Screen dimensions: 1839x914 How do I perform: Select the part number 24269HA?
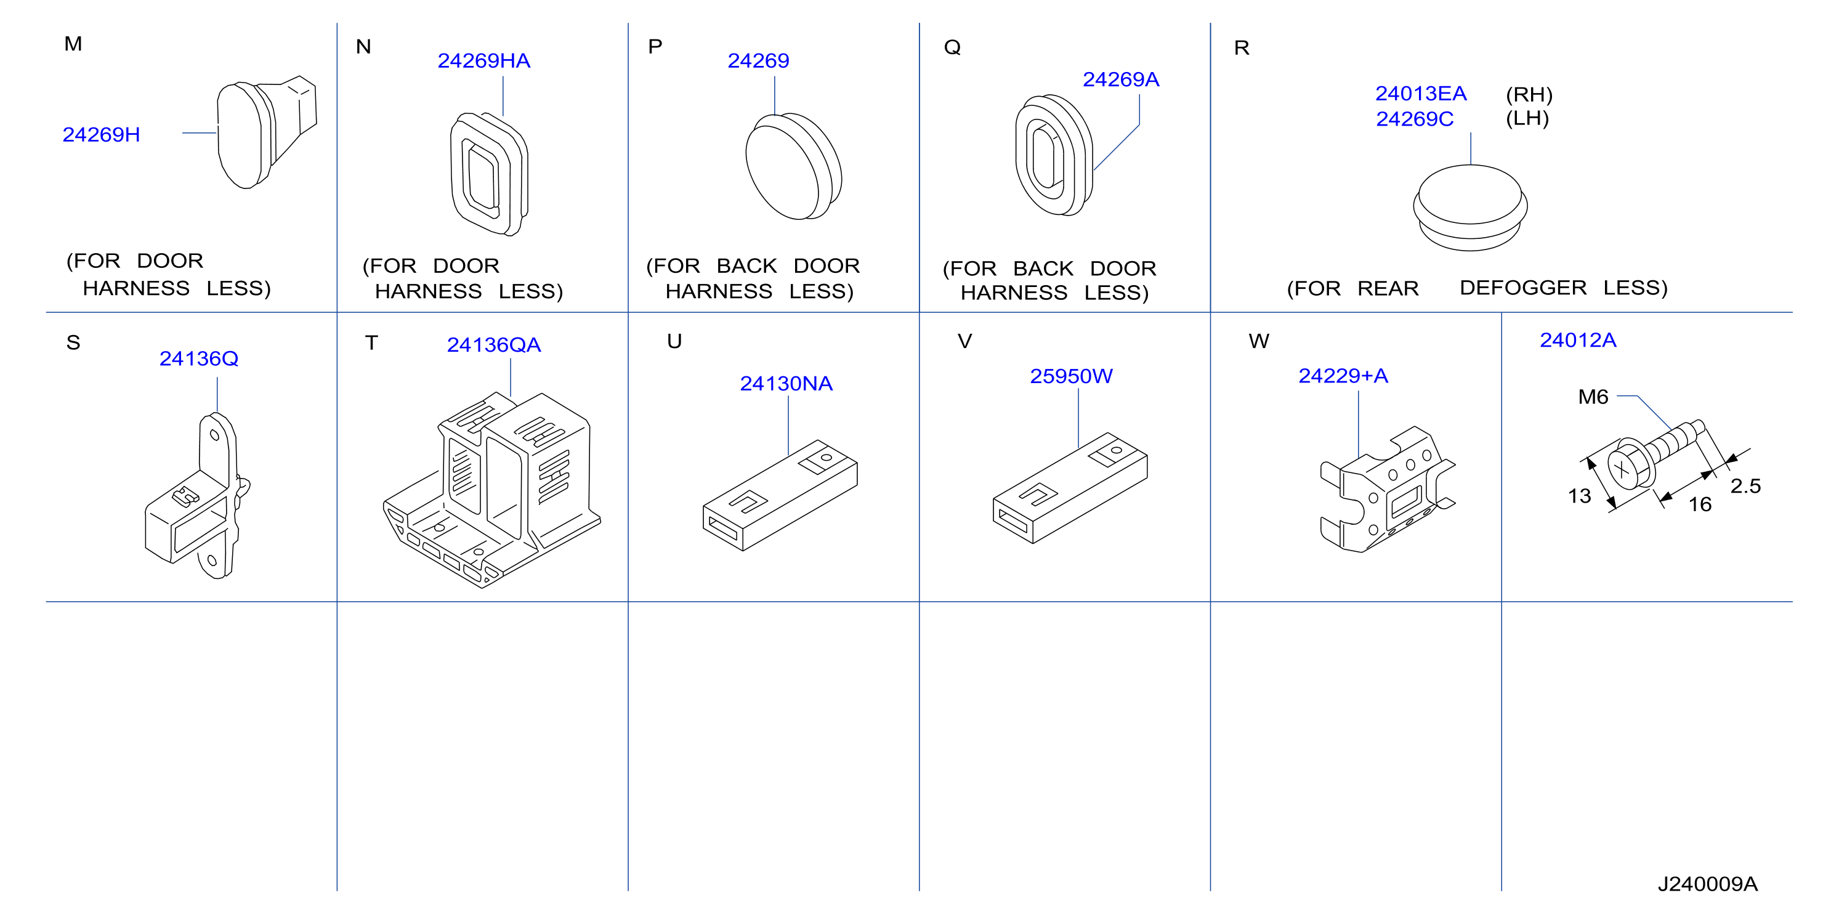pyautogui.click(x=483, y=61)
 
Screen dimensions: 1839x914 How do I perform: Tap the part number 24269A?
pyautogui.click(x=1120, y=79)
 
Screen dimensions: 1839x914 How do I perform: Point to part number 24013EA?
pyautogui.click(x=1420, y=94)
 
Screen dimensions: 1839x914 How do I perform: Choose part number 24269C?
pyautogui.click(x=1414, y=118)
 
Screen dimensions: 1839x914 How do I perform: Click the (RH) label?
pyautogui.click(x=1529, y=94)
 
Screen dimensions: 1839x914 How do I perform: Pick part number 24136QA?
pyautogui.click(x=493, y=345)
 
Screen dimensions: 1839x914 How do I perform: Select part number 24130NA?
pyautogui.click(x=785, y=384)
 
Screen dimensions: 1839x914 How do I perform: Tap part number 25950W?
pyautogui.click(x=1070, y=376)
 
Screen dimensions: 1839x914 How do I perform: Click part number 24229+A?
pyautogui.click(x=1342, y=376)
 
